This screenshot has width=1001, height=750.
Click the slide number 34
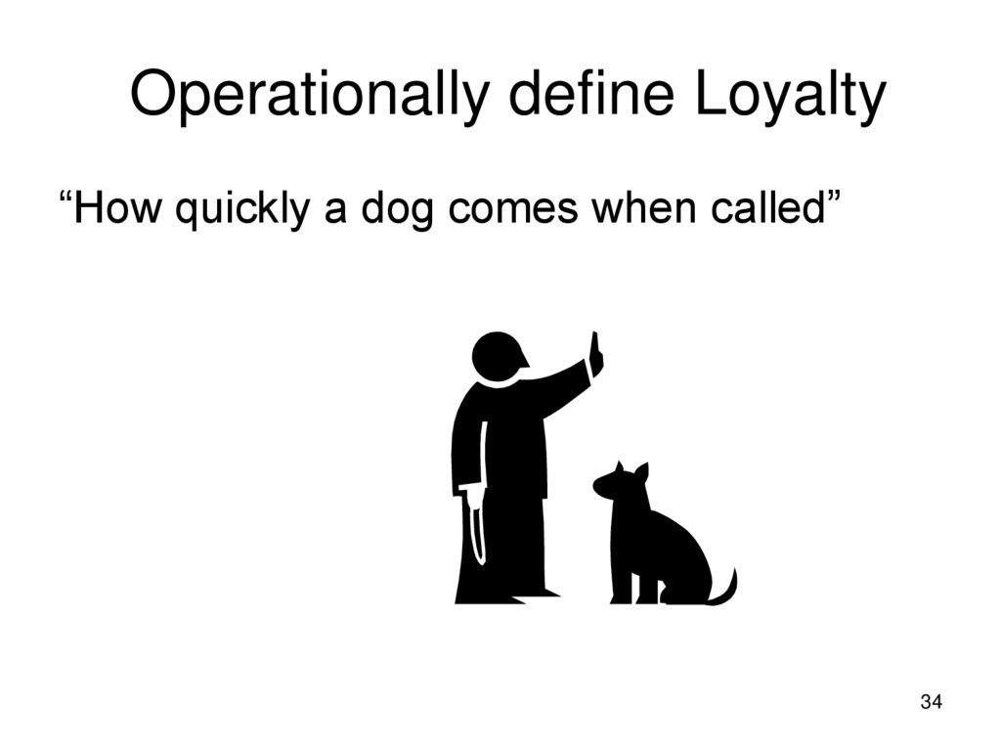click(x=931, y=701)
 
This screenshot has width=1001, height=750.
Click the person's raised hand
click(x=594, y=353)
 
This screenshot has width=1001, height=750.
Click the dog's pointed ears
click(x=631, y=471)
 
